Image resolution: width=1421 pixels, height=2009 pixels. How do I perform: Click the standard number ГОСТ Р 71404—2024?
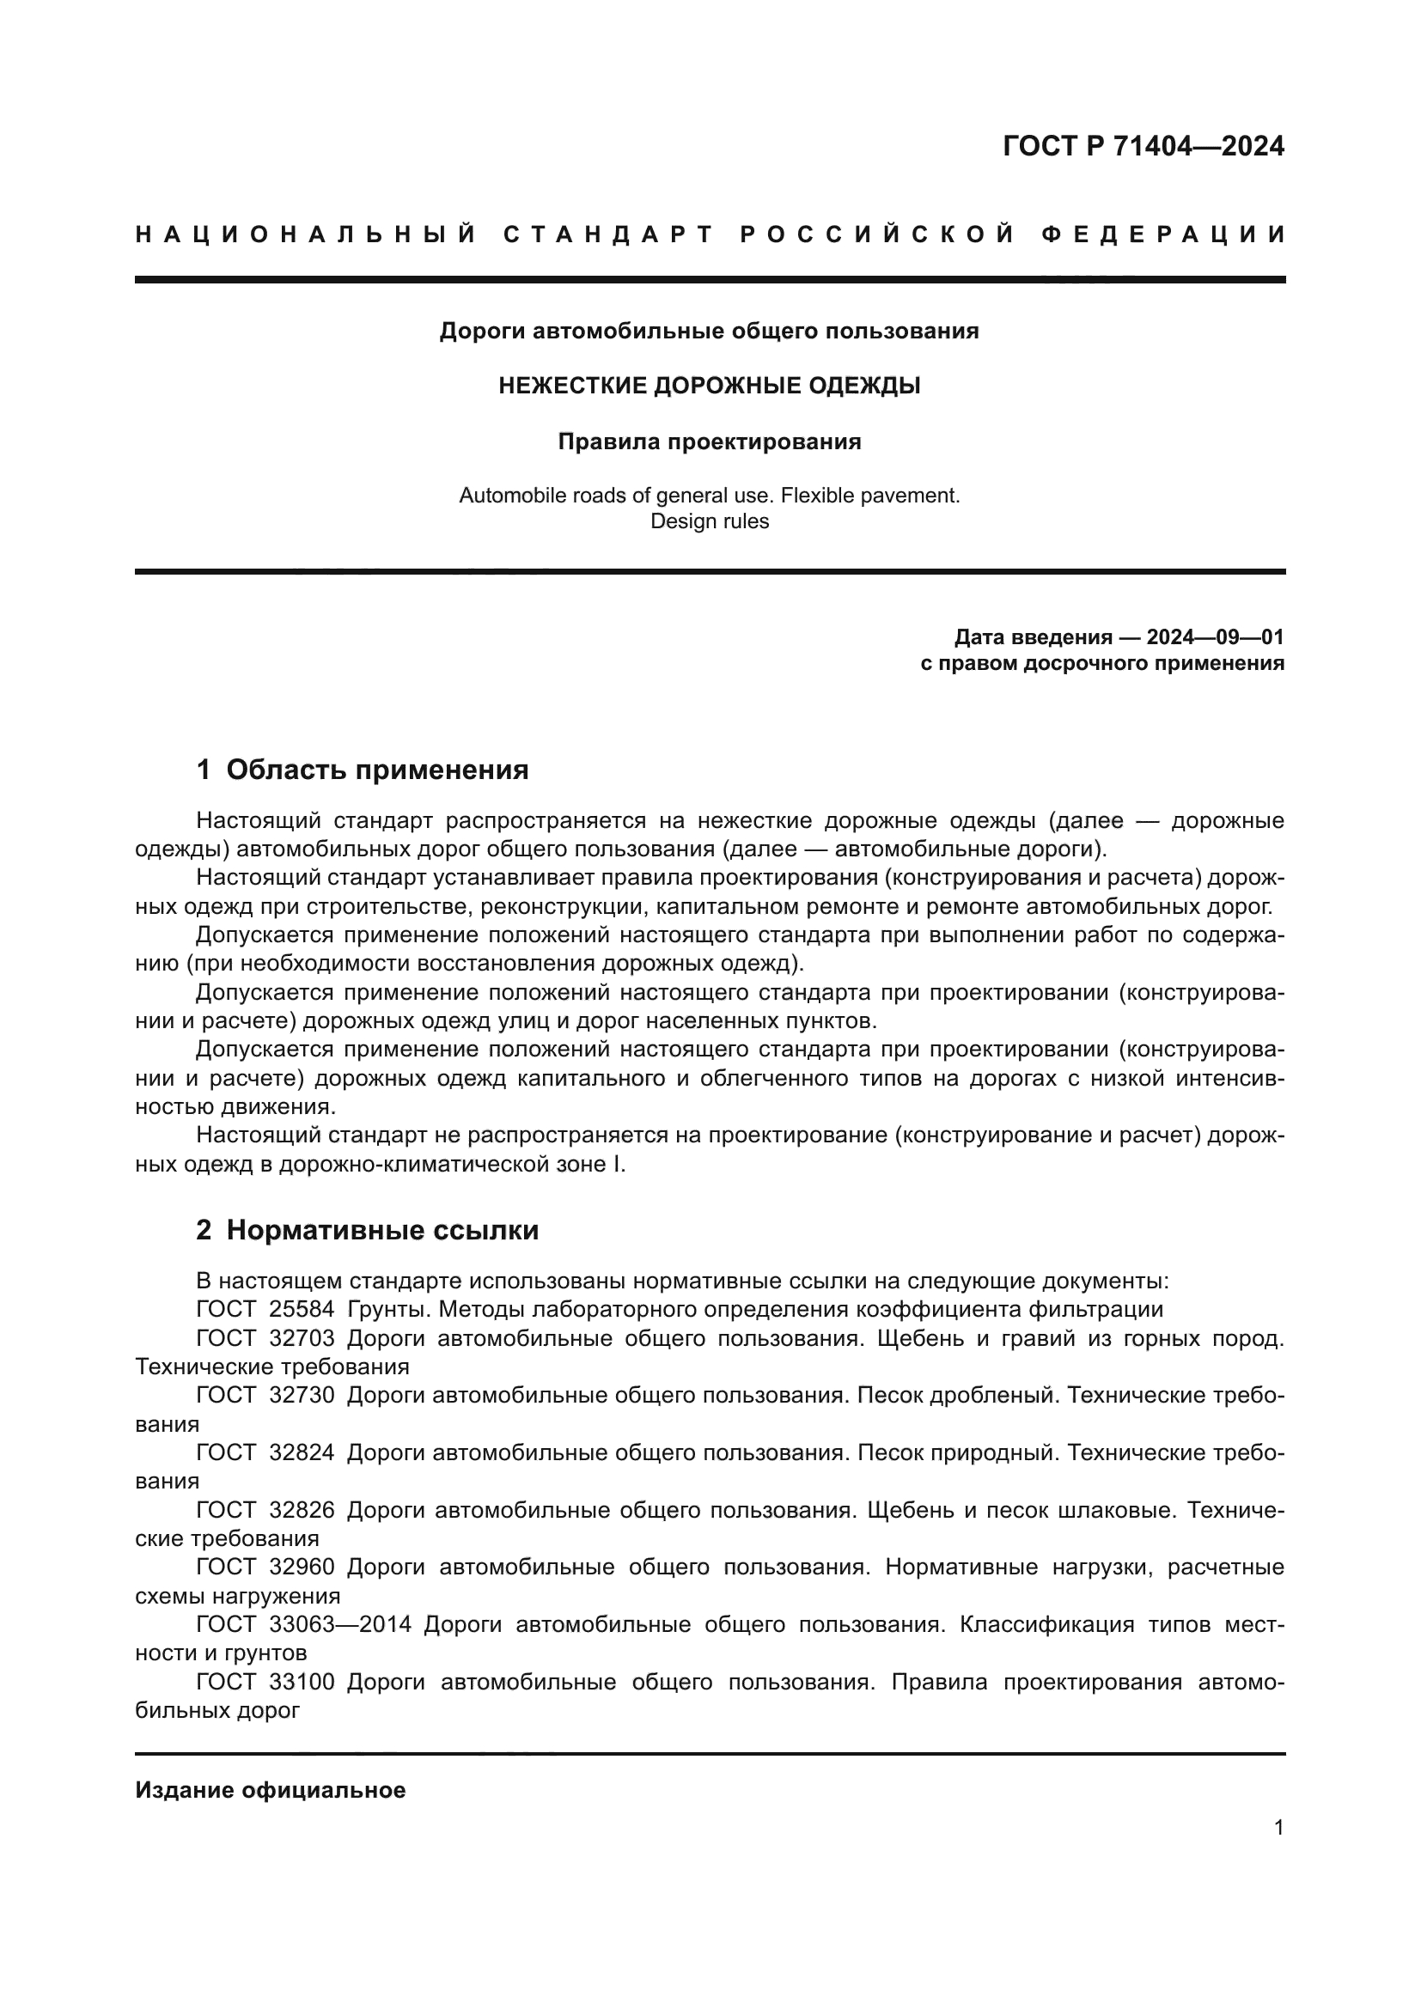click(1143, 146)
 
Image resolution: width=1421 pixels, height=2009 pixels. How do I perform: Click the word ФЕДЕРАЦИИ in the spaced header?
click(1163, 234)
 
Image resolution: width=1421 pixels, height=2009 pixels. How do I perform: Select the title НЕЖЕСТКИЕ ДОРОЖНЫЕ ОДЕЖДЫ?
click(710, 386)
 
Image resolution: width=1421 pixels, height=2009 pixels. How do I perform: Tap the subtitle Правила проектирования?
click(710, 441)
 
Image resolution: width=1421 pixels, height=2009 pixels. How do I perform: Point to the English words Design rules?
click(710, 521)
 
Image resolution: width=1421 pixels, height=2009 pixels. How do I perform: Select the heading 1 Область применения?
click(363, 770)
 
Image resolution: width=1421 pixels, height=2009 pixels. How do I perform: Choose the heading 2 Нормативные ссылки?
click(368, 1230)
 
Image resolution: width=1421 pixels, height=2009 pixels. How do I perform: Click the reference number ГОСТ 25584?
click(265, 1310)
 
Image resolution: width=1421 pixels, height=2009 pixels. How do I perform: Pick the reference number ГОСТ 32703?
click(265, 1339)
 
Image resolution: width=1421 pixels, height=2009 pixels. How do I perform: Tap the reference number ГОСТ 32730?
click(265, 1396)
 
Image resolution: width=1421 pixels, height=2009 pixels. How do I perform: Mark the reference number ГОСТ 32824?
click(265, 1452)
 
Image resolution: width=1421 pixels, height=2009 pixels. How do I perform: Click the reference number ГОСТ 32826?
click(265, 1510)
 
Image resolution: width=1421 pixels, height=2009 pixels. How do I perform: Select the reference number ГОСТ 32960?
click(265, 1568)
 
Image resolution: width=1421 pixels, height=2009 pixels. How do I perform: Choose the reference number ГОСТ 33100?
click(265, 1682)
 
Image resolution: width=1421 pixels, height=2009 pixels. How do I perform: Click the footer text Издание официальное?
click(271, 1790)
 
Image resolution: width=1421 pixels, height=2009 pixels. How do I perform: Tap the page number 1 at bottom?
click(1278, 1828)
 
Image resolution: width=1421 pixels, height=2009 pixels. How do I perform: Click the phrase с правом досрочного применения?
click(1102, 663)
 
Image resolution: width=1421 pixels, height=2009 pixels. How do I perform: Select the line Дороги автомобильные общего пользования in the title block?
click(710, 332)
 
